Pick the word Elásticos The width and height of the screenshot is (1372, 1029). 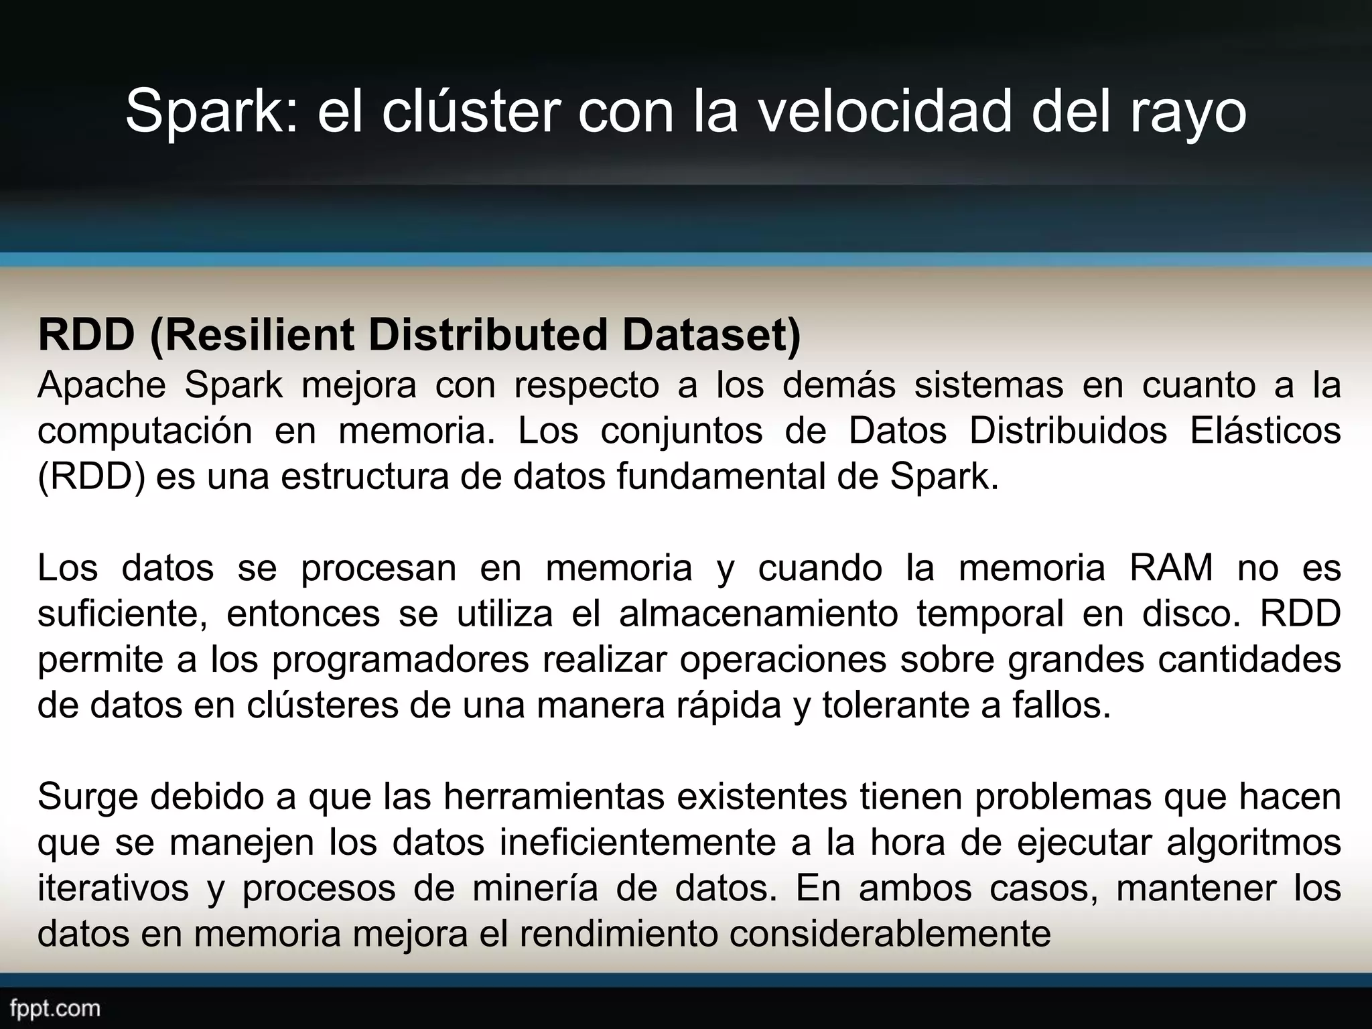(x=1265, y=431)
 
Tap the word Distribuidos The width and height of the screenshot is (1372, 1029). (x=1068, y=431)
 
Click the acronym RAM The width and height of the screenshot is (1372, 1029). (x=1171, y=568)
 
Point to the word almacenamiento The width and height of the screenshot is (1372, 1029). (x=758, y=614)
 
